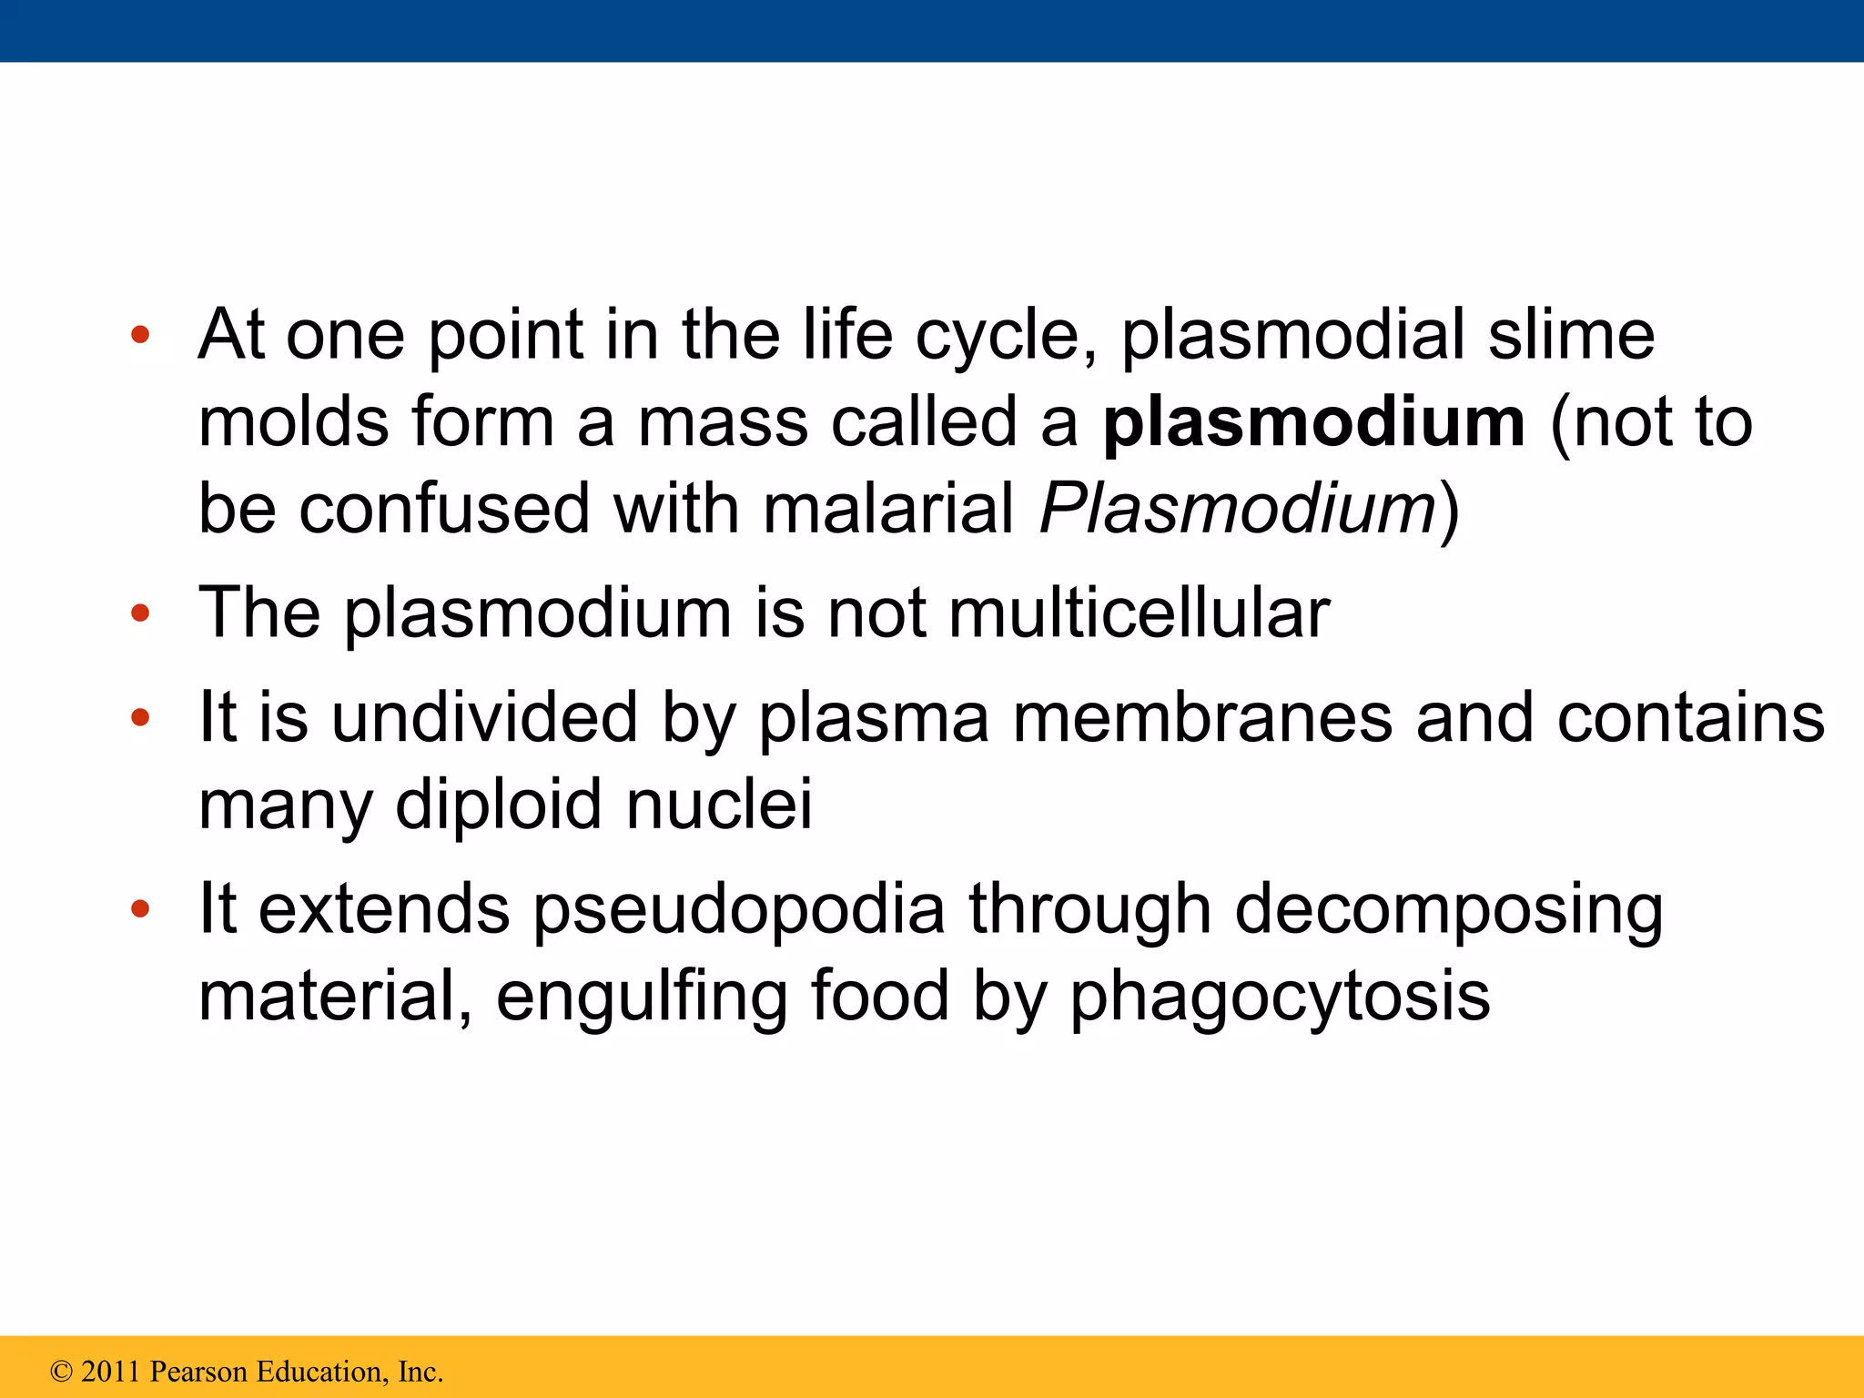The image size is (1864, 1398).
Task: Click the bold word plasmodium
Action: point(1313,423)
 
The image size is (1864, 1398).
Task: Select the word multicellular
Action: point(1140,613)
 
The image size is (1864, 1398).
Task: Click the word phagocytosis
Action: point(1280,997)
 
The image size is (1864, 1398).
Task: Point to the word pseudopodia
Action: point(739,910)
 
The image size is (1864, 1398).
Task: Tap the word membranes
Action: point(1202,718)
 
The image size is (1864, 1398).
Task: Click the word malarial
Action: point(888,509)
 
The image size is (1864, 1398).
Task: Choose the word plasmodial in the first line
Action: point(1292,336)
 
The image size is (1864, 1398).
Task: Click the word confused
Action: point(445,509)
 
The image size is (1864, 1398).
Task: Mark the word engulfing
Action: point(642,997)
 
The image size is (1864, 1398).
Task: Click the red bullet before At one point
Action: point(139,336)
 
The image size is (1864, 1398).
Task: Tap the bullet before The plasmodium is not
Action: point(139,613)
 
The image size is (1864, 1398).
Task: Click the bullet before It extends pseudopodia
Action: point(139,909)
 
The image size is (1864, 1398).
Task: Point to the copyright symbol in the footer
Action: point(61,1372)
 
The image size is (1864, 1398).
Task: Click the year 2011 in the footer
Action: point(112,1372)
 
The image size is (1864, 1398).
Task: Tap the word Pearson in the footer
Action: point(198,1372)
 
